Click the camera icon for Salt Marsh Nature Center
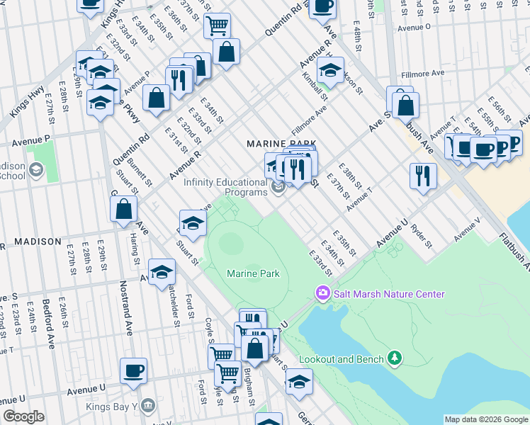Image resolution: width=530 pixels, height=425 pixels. point(322,293)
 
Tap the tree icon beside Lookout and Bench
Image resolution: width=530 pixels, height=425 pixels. point(395,359)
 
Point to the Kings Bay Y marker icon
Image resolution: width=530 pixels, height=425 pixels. point(148,406)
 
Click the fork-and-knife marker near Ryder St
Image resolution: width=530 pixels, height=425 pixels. point(423,176)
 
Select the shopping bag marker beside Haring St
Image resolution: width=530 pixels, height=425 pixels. point(123,209)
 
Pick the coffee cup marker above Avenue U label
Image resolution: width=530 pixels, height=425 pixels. point(133,370)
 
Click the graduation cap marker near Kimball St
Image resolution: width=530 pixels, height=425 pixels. point(329,70)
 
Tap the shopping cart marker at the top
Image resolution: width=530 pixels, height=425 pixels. point(217,25)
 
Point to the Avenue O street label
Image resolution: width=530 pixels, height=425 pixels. point(414,27)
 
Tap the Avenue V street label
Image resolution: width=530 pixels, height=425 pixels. point(467,230)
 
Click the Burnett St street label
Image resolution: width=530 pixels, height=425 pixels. point(147,173)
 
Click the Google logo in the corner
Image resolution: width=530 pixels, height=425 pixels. point(23,416)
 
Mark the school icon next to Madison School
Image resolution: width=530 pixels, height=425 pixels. point(36,170)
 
